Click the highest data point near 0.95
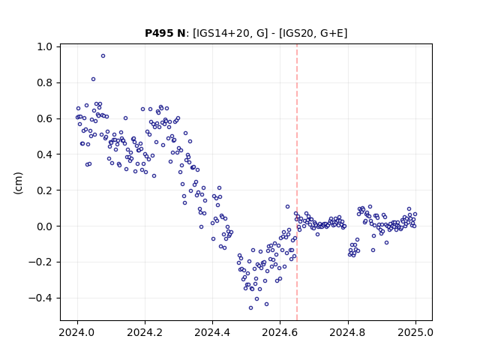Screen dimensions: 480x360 point(103,56)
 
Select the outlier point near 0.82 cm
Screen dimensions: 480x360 point(93,79)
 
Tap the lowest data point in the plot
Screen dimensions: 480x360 point(250,308)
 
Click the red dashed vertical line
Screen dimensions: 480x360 point(297,182)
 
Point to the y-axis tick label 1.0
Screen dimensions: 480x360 point(45,46)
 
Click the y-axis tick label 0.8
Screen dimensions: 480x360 point(45,82)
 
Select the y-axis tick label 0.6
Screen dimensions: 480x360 point(45,118)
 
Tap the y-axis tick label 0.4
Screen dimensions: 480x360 point(45,154)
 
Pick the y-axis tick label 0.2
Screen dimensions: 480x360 point(45,190)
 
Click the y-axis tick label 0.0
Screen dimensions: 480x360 point(45,226)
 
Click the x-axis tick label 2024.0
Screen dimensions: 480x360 point(77,332)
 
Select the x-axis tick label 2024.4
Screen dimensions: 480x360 point(212,332)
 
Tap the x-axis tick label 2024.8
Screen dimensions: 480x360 point(348,332)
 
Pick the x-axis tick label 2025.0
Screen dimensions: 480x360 point(415,332)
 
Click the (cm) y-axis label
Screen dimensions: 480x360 point(18,183)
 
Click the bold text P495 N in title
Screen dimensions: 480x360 point(165,33)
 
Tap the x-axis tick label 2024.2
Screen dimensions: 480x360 point(145,332)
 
